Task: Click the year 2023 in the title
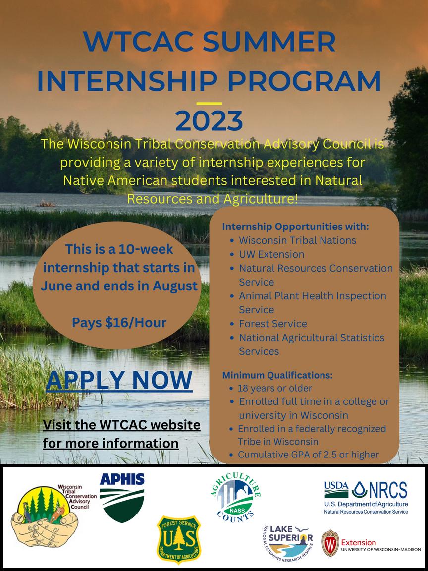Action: pos(209,121)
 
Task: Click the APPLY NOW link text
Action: pos(119,381)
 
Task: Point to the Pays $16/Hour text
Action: pos(119,322)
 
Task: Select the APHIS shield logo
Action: pos(122,498)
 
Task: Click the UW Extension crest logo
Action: pos(330,543)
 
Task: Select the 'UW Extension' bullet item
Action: pos(271,254)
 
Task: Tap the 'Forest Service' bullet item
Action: pos(272,323)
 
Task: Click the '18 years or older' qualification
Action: pos(275,388)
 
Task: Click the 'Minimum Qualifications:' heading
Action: pos(277,375)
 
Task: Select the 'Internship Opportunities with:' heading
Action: pos(296,227)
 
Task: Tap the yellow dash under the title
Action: pos(209,103)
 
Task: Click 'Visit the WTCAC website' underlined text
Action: pos(121,425)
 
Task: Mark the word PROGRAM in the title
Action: pos(305,81)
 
